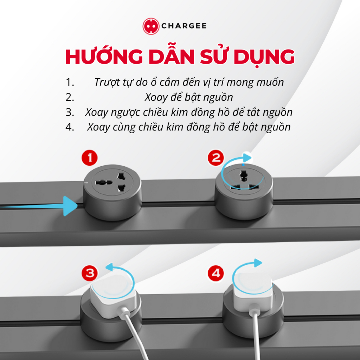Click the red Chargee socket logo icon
pyautogui.click(x=151, y=26)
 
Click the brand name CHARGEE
pyautogui.click(x=184, y=26)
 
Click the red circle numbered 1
pyautogui.click(x=90, y=158)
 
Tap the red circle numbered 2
pyautogui.click(x=216, y=158)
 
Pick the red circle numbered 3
pyautogui.click(x=90, y=273)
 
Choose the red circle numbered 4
pyautogui.click(x=216, y=273)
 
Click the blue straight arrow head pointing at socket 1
pyautogui.click(x=70, y=206)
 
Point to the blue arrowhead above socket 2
pyautogui.click(x=247, y=158)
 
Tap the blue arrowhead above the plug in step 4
pyautogui.click(x=258, y=263)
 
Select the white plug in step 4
pyautogui.click(x=252, y=293)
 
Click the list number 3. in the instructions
pyautogui.click(x=70, y=112)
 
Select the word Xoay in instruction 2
pyautogui.click(x=155, y=97)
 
